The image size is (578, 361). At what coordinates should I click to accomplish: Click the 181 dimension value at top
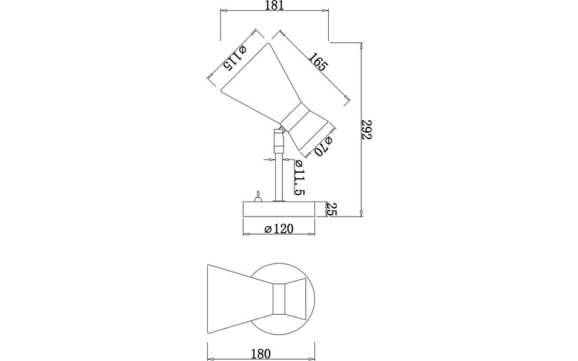(274, 5)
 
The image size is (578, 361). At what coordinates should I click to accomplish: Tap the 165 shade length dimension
(318, 63)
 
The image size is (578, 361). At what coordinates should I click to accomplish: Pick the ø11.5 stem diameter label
(299, 177)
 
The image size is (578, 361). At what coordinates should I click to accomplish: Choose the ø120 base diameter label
(278, 229)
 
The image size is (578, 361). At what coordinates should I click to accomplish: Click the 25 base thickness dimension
(331, 209)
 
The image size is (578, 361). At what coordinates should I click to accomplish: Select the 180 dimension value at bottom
(261, 353)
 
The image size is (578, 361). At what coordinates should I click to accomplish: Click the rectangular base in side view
(279, 209)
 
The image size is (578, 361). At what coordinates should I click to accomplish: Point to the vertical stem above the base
(279, 177)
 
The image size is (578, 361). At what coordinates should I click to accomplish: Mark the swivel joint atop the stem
(278, 141)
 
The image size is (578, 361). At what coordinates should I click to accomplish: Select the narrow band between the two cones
(296, 120)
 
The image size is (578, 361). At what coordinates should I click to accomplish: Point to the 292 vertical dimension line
(360, 129)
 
